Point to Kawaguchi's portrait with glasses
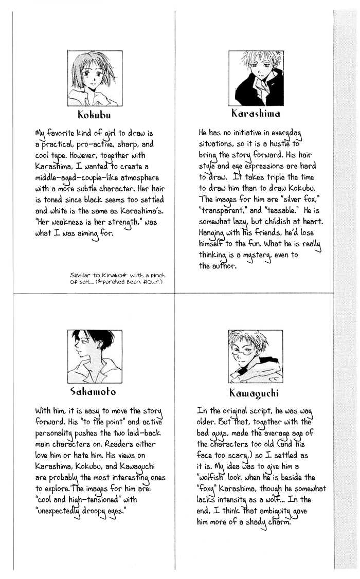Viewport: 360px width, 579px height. (255, 357)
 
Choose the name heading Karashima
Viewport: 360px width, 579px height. (256, 113)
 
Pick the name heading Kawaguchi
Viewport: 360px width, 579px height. (255, 394)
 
